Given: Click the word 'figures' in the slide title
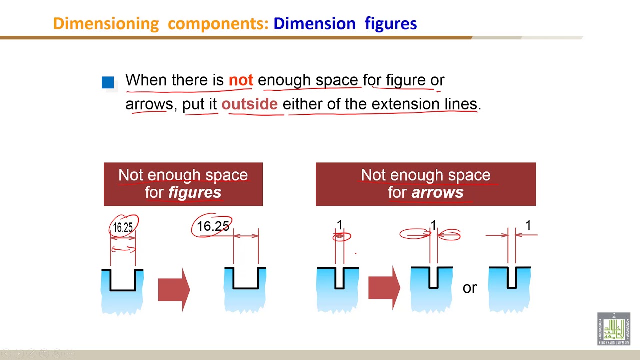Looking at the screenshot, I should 390,23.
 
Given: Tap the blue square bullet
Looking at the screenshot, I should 108,82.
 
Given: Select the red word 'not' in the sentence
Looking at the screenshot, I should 241,80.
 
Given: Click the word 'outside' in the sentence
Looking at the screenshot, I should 249,104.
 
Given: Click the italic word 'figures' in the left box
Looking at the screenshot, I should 195,192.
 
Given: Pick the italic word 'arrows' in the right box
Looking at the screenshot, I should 437,192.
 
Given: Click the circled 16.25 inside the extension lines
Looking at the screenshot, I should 123,227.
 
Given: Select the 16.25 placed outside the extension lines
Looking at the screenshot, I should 213,226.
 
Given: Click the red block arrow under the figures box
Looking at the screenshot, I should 174,289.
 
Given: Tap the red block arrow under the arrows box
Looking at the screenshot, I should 384,288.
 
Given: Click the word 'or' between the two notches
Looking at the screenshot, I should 470,288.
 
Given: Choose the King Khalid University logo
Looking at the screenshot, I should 613,328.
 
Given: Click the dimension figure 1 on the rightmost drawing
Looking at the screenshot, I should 528,226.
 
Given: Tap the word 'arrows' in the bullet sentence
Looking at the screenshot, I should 149,104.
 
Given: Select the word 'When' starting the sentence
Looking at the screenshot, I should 146,80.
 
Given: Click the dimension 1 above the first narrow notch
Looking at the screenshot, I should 340,225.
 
